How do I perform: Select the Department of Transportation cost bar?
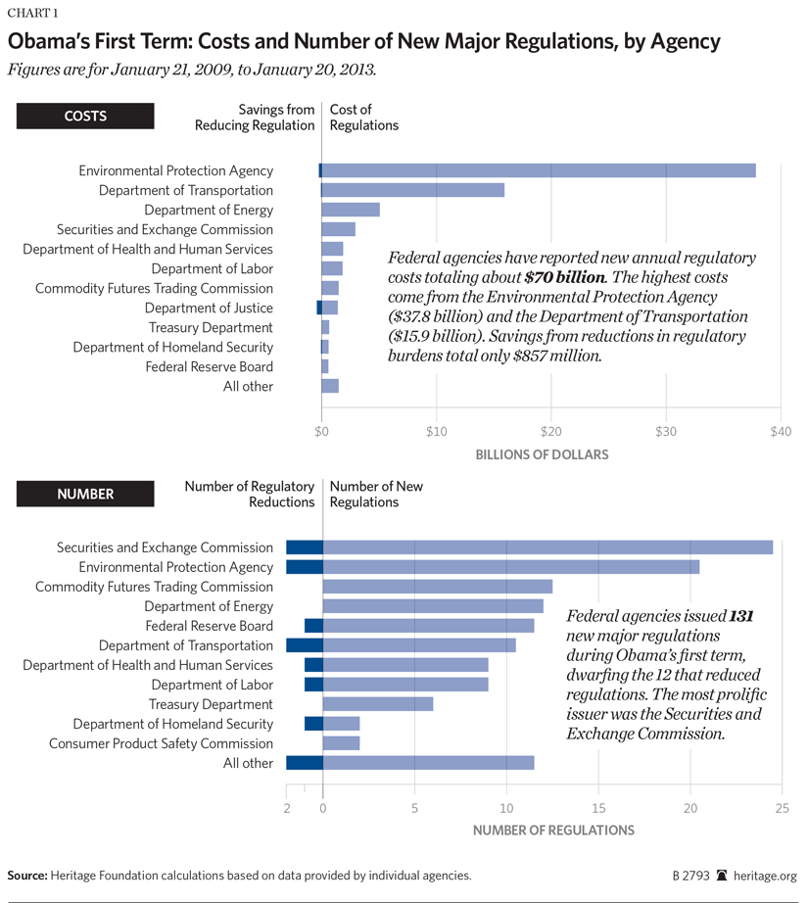click(413, 190)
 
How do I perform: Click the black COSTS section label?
click(86, 116)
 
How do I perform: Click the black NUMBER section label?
click(86, 495)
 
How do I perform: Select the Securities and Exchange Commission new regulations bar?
click(547, 547)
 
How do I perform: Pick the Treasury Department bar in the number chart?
click(378, 704)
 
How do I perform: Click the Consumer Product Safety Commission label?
click(161, 743)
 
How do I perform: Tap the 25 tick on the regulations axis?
click(782, 808)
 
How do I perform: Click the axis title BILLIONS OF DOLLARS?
click(542, 454)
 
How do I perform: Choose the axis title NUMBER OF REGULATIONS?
click(553, 831)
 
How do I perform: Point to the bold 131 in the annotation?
click(740, 617)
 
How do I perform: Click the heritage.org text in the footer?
click(767, 876)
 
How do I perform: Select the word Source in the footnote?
click(28, 876)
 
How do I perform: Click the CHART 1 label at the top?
click(32, 13)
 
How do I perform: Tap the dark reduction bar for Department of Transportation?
click(304, 645)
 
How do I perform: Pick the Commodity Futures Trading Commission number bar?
click(438, 587)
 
